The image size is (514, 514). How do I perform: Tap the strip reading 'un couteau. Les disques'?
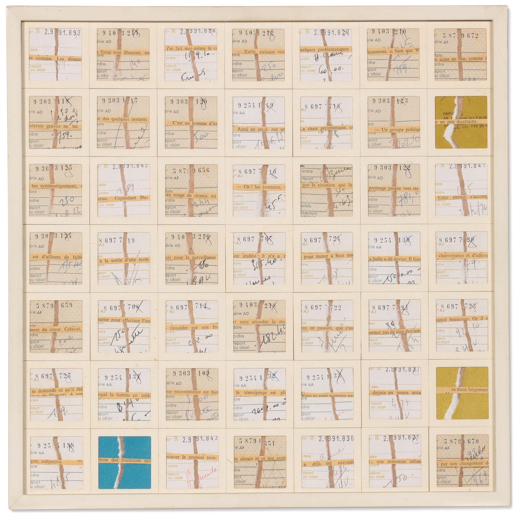click(56, 59)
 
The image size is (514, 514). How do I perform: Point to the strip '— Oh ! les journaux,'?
click(259, 187)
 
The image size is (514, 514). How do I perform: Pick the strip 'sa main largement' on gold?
click(462, 390)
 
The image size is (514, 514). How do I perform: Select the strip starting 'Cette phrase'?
click(462, 197)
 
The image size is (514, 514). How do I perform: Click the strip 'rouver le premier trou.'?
click(191, 457)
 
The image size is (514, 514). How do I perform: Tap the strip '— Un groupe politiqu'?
click(394, 130)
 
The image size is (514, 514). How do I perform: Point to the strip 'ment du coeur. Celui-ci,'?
click(56, 329)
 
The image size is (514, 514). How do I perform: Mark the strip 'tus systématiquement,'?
click(56, 186)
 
